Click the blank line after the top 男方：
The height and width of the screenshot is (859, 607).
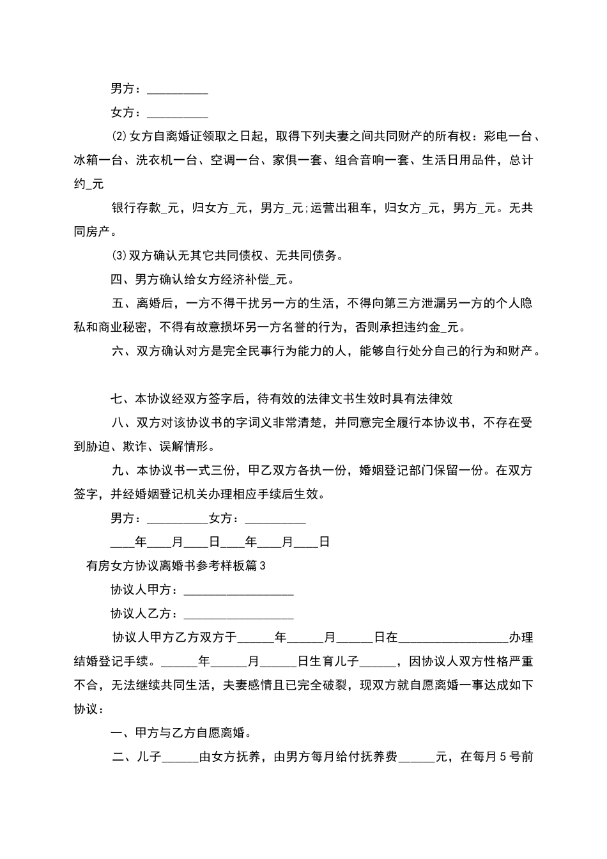coord(178,89)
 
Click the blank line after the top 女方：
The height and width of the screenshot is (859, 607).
coord(178,114)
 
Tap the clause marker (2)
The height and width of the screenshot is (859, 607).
coord(119,137)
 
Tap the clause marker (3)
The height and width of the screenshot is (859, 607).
coord(119,256)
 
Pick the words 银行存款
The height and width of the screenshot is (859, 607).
coord(135,208)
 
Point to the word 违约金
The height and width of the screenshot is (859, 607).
coord(427,327)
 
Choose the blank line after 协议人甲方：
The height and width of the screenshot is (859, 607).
coord(238,590)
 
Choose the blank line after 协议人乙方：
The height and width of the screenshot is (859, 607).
coord(238,614)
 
